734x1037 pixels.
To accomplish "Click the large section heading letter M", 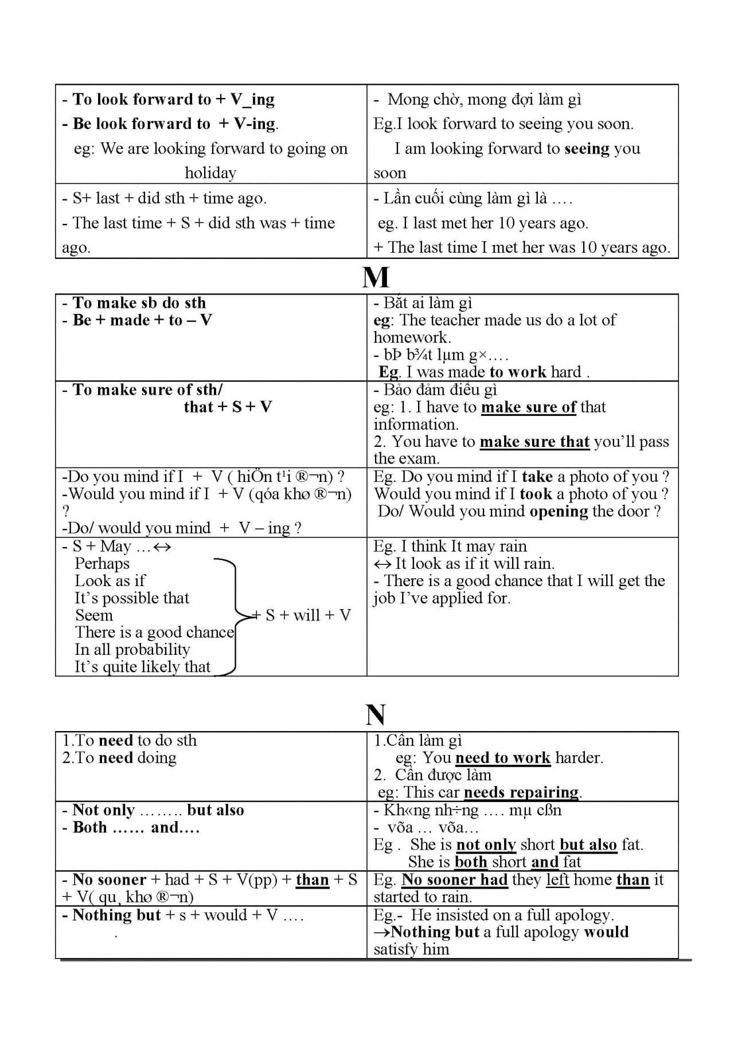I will pyautogui.click(x=376, y=277).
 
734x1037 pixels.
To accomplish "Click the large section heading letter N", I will pyautogui.click(x=376, y=714).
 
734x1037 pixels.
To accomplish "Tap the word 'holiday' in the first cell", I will pyautogui.click(x=210, y=172).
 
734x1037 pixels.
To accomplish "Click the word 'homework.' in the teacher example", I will pyautogui.click(x=412, y=337).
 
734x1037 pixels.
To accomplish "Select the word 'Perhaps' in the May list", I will pyautogui.click(x=102, y=563).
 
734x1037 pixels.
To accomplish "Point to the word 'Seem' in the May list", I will pyautogui.click(x=94, y=615).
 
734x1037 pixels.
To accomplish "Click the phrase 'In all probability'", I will pyautogui.click(x=132, y=649).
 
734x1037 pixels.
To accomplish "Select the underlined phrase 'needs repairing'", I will pyautogui.click(x=521, y=792).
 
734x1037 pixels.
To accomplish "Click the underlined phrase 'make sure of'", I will pyautogui.click(x=528, y=407).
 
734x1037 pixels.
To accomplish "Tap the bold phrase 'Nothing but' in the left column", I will pyautogui.click(x=116, y=914).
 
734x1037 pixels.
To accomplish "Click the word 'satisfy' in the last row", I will pyautogui.click(x=396, y=949).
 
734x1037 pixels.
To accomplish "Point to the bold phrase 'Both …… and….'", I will pyautogui.click(x=136, y=827).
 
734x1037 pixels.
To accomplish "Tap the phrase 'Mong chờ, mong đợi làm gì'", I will pyautogui.click(x=484, y=99).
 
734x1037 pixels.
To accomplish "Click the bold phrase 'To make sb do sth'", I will pyautogui.click(x=139, y=303).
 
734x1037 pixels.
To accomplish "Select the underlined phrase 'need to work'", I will pyautogui.click(x=502, y=757).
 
